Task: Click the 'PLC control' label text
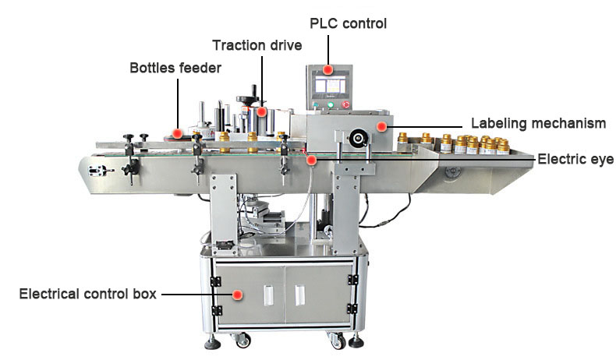[349, 24]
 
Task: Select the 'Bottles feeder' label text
[175, 68]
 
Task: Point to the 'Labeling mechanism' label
[538, 123]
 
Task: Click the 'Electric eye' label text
[575, 160]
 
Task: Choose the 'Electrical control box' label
[87, 295]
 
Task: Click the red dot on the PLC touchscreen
[329, 71]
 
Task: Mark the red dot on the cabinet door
[239, 295]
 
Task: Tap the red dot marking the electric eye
[311, 160]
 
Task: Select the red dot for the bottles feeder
[178, 133]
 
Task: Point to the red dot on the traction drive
[263, 111]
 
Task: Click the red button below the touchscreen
[345, 104]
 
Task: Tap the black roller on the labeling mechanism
[359, 139]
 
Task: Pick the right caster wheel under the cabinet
[336, 340]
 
